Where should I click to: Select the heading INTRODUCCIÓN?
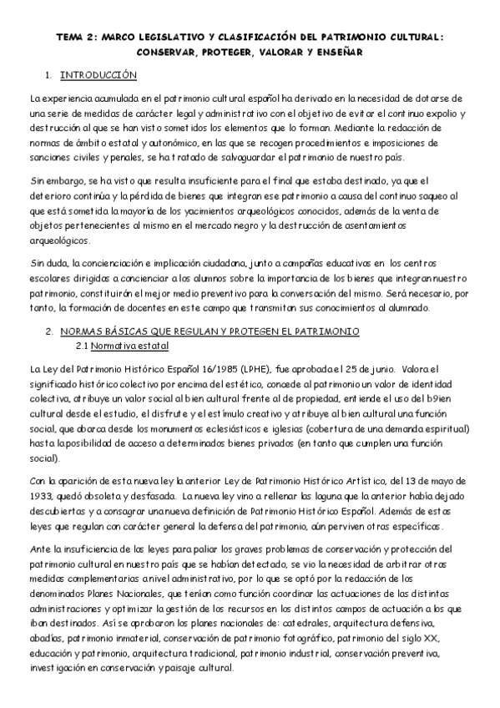[x=98, y=76]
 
